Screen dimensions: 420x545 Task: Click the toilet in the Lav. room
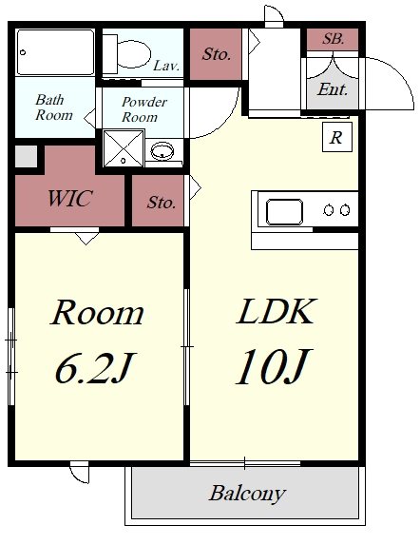(127, 54)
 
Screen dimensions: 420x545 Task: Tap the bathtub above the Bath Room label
(55, 52)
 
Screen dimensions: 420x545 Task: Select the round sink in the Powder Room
(162, 151)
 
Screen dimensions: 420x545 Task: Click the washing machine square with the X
(124, 148)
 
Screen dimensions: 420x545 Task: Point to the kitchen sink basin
(284, 212)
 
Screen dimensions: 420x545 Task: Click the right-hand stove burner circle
(345, 210)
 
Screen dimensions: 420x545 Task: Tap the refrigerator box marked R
(337, 137)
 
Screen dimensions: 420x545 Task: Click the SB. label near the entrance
(333, 39)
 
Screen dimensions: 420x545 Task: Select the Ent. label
(333, 89)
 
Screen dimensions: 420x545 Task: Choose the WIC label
(69, 198)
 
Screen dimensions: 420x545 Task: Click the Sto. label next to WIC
(161, 202)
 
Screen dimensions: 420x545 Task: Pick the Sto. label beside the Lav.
(217, 54)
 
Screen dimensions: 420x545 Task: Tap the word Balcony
(247, 493)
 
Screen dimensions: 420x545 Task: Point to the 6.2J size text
(94, 368)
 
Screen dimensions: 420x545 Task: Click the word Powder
(144, 102)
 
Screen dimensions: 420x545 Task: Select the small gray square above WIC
(26, 156)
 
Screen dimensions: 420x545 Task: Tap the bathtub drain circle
(23, 52)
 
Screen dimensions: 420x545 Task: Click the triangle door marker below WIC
(86, 239)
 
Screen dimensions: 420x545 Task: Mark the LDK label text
(277, 311)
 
